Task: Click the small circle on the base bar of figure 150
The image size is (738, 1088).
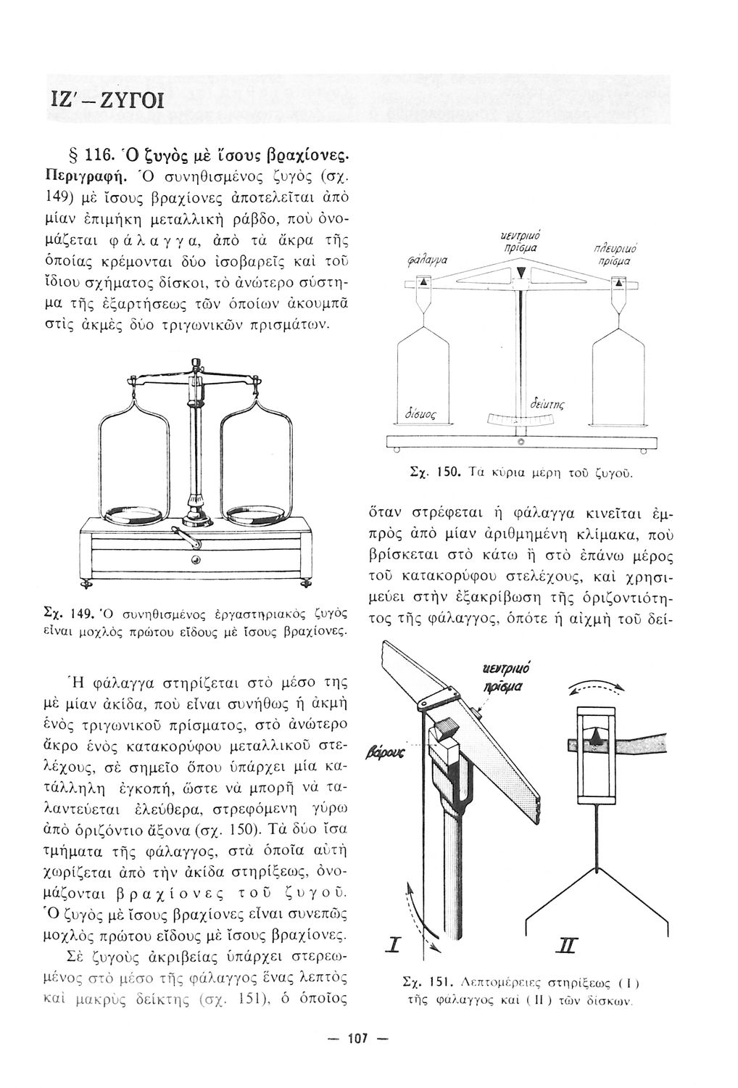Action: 520,441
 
